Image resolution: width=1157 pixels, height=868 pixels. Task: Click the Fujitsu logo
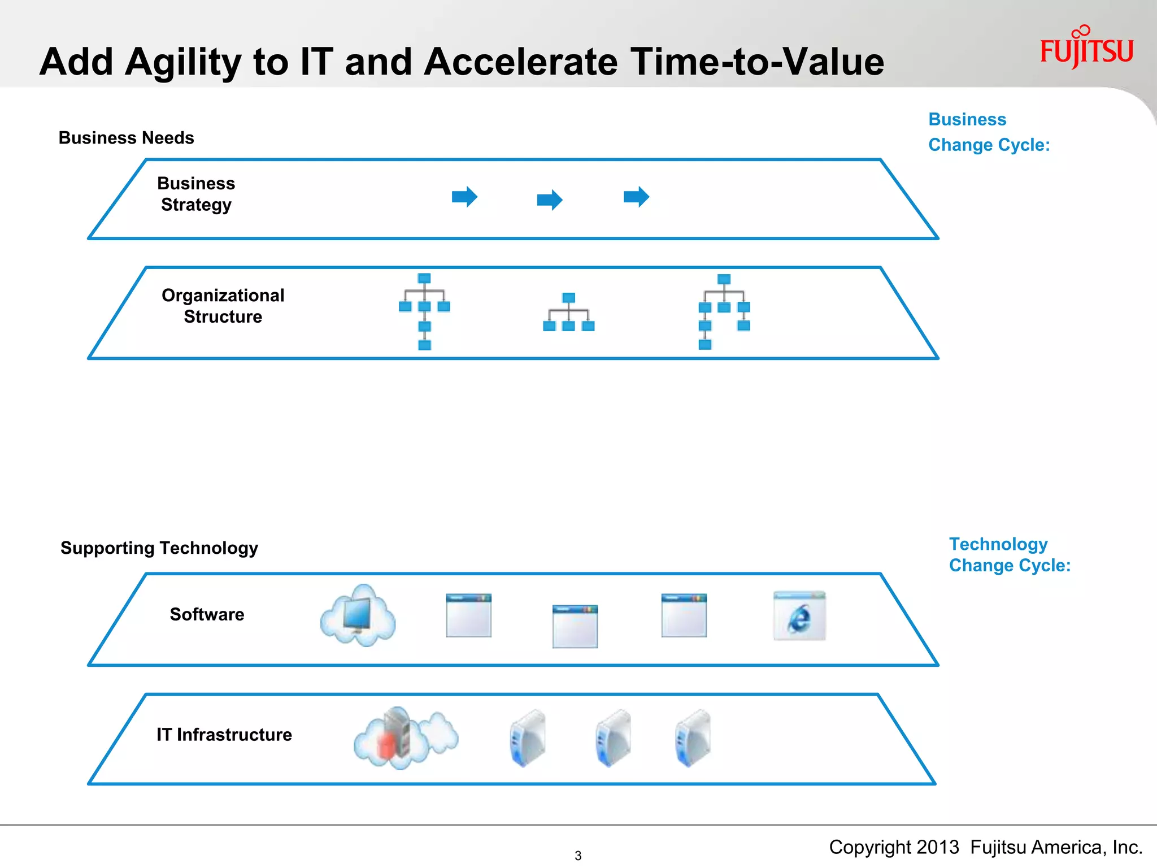click(1086, 49)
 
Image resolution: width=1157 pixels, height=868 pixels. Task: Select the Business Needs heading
click(126, 138)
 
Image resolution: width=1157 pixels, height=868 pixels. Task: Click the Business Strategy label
click(196, 194)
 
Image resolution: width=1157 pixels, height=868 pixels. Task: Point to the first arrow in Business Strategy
click(464, 197)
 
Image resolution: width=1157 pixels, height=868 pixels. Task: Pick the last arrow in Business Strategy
click(636, 197)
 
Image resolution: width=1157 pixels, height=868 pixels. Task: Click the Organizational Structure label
click(223, 306)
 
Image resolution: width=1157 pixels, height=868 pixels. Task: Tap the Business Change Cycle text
click(988, 132)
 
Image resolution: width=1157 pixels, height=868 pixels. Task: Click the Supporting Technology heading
click(159, 548)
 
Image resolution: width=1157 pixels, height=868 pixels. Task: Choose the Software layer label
click(207, 614)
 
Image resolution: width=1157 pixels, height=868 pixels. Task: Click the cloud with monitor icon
click(358, 616)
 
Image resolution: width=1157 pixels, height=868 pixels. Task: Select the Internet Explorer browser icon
click(799, 616)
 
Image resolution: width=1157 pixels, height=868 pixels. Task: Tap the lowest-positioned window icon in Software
click(575, 627)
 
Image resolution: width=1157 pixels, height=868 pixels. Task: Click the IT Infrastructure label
click(224, 735)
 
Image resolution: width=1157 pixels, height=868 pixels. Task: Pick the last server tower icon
click(694, 738)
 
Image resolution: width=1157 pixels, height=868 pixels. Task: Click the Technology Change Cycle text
click(1009, 554)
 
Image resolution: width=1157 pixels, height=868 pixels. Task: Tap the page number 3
click(578, 856)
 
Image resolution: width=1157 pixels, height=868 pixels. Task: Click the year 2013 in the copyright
click(938, 847)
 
